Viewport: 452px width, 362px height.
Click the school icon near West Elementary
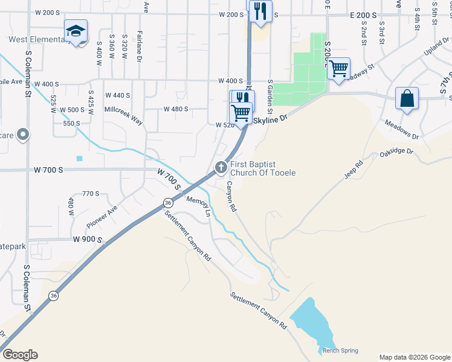[x=76, y=31]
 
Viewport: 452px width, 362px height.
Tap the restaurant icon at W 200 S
[x=260, y=11]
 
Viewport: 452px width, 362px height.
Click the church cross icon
[x=221, y=167]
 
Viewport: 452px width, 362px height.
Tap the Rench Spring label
[x=340, y=351]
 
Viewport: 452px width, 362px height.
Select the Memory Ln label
[x=198, y=206]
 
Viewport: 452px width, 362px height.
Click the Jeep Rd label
[x=354, y=168]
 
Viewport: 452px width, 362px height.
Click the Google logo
[x=20, y=355]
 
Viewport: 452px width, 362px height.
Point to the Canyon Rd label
[x=231, y=196]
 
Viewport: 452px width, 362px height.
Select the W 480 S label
[x=176, y=109]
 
